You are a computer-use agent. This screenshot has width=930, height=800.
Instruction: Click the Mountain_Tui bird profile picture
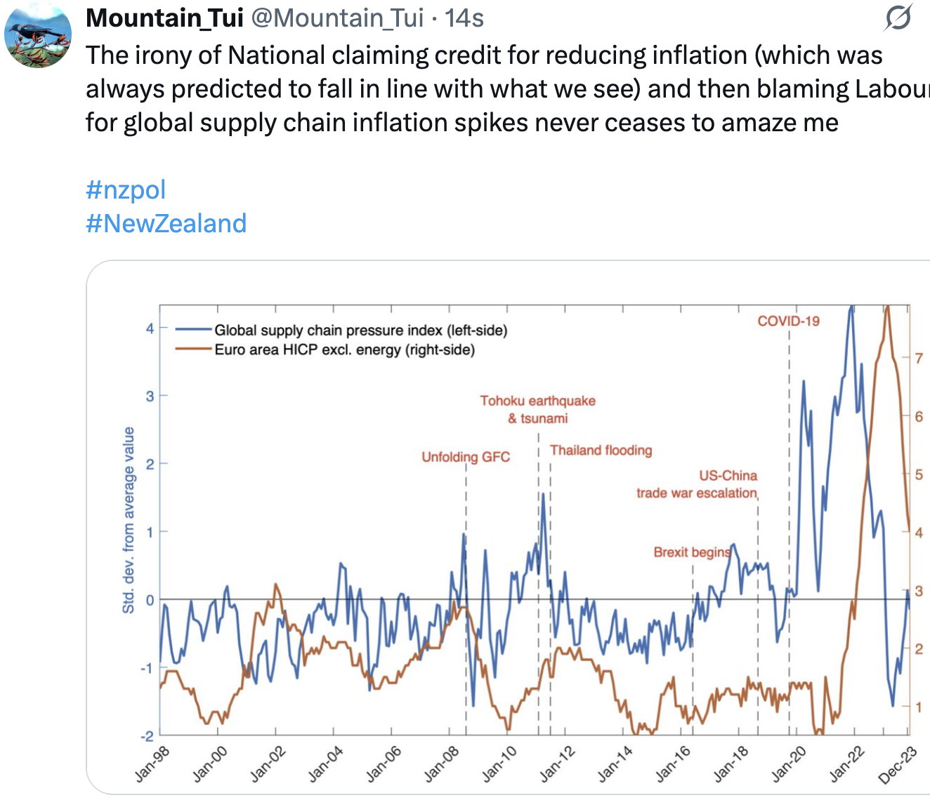38,34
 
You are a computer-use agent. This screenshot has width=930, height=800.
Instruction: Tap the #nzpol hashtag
126,189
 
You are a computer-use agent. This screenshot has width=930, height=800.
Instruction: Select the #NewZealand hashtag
166,223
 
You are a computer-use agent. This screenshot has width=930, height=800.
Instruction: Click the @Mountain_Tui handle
337,18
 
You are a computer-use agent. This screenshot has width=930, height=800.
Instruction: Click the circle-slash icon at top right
898,18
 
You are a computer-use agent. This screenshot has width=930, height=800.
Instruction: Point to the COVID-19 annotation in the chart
788,321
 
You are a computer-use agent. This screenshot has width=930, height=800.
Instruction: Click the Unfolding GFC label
466,457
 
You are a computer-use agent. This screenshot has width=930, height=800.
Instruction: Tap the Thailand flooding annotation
601,450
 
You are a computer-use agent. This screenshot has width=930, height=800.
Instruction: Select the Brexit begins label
692,552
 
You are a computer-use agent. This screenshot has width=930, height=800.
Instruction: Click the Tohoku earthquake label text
537,401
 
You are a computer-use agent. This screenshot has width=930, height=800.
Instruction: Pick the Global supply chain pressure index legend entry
360,330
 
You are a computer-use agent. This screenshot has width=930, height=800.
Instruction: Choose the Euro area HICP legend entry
344,349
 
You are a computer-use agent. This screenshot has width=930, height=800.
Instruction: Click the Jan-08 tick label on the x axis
441,764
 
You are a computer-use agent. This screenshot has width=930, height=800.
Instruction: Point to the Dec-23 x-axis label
898,764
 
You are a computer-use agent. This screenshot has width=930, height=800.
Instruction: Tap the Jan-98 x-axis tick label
152,764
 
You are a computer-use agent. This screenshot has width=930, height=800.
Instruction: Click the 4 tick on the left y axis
150,328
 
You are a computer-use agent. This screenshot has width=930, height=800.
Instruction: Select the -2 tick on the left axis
148,735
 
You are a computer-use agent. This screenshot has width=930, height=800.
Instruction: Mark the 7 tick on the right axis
919,358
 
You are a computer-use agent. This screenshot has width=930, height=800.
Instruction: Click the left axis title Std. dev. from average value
129,520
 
